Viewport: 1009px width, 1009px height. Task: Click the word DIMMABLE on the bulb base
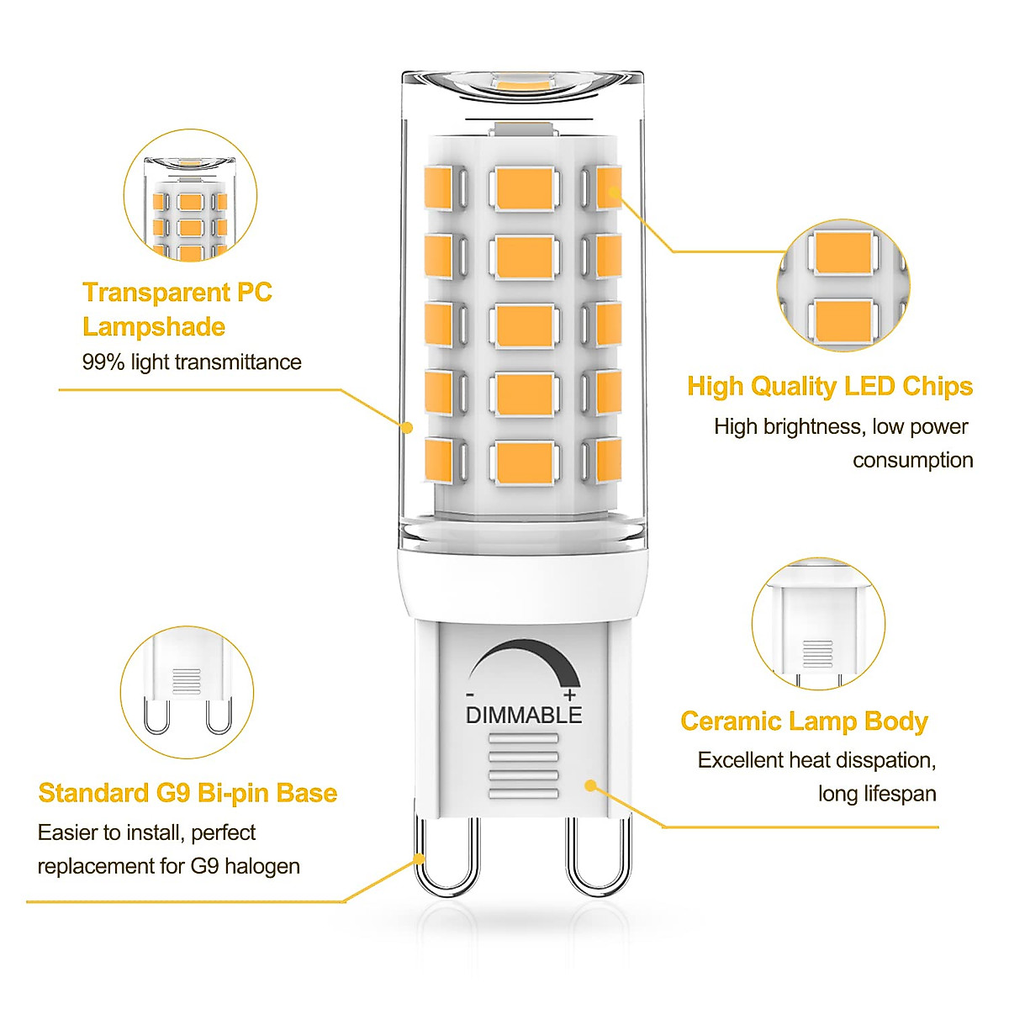(523, 715)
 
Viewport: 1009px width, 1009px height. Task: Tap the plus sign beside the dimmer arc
(570, 695)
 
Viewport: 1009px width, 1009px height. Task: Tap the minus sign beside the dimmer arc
(470, 695)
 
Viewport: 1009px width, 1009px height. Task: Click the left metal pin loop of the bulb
(446, 858)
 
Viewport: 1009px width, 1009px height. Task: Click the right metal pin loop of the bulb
(598, 858)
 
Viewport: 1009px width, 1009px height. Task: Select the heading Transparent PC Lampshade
(177, 309)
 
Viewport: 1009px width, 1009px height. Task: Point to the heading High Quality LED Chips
(829, 386)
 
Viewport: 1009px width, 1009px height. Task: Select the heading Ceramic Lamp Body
(804, 721)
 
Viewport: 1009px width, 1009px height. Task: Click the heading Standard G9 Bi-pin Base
(188, 793)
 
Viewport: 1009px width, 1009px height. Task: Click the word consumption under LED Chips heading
(912, 461)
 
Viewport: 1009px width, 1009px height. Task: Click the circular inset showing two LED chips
(843, 286)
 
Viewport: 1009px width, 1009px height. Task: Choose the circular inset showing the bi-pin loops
(187, 692)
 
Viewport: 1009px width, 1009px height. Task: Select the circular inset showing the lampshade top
(190, 195)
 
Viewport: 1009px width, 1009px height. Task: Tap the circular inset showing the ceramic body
(818, 623)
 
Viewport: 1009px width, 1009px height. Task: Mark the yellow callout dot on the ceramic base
(590, 785)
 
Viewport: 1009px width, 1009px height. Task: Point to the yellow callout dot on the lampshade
(407, 427)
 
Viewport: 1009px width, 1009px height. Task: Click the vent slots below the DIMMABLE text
(523, 766)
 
